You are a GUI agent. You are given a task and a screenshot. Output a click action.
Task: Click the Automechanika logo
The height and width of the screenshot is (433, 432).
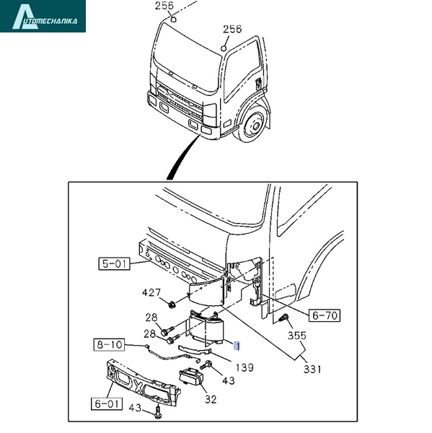click(x=43, y=16)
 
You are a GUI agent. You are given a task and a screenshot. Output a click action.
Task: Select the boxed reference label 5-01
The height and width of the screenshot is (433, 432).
click(x=114, y=263)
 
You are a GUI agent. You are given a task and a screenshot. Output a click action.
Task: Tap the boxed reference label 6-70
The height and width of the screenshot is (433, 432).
click(x=325, y=315)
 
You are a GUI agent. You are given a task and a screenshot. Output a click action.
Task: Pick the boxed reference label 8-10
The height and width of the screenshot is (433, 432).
click(x=110, y=345)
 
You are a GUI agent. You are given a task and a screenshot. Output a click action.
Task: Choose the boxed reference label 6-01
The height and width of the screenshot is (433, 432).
click(x=107, y=403)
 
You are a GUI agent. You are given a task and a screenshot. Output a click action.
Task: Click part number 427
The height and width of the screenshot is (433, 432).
click(x=151, y=292)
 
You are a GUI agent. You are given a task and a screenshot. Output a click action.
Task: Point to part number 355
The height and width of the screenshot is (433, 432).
click(x=297, y=336)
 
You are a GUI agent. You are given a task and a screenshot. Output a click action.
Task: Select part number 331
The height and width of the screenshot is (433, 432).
click(x=312, y=369)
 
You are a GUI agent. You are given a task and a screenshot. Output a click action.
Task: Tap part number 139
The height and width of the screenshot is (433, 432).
click(x=244, y=367)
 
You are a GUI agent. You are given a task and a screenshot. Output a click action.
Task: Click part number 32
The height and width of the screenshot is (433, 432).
click(x=211, y=399)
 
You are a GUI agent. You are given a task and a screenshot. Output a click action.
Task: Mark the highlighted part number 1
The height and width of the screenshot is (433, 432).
click(x=237, y=346)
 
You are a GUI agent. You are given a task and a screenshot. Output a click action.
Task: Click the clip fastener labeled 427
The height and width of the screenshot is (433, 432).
click(x=172, y=305)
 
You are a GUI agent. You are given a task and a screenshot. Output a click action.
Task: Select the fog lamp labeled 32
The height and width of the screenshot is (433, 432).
click(x=191, y=377)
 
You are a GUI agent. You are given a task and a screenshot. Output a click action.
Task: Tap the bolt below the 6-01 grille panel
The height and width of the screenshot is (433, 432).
click(x=158, y=412)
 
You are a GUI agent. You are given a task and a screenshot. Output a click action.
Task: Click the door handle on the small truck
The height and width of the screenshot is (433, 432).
click(x=258, y=84)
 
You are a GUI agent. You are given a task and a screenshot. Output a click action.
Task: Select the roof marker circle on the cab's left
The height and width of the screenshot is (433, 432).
click(x=173, y=19)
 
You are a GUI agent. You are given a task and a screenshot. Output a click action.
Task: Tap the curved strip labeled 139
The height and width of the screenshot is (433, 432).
click(x=194, y=349)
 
